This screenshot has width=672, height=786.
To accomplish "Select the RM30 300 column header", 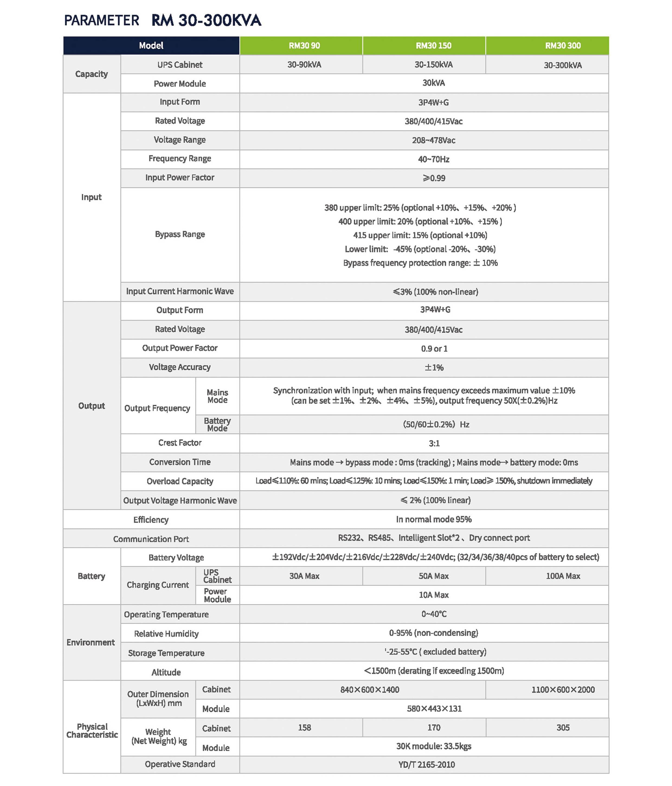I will coord(562,46).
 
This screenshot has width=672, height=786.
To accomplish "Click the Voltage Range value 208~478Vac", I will coord(434,140).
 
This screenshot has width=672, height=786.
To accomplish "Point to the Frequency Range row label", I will coord(180,158).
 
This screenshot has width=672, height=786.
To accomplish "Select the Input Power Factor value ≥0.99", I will coord(434,178).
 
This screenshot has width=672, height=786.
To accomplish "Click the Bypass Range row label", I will coord(180,234).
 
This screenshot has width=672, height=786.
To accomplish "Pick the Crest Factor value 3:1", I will coord(434,443).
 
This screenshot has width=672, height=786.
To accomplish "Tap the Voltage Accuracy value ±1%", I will coord(434,367).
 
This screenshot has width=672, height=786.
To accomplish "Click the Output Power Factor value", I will coord(434,349).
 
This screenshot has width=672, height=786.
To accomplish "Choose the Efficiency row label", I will coord(151,520).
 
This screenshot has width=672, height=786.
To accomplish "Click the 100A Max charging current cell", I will coord(563,576).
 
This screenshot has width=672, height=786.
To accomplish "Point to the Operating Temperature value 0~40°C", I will coord(434,614).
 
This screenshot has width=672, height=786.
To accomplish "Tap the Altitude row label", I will coord(166,672).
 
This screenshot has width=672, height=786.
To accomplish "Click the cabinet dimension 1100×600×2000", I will coord(563,690).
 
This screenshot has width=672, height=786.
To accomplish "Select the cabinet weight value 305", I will coord(563,728).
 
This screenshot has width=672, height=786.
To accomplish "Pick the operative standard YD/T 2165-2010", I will coord(426,764).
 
